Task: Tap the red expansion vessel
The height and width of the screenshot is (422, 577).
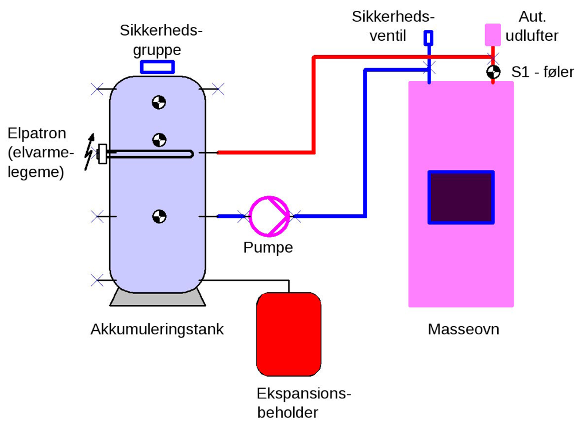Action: [288, 333]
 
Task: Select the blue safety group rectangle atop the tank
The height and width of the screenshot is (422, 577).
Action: [157, 67]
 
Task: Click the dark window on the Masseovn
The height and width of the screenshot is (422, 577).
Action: [461, 197]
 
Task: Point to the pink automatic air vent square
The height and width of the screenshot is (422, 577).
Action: [493, 34]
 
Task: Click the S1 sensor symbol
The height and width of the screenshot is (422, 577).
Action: [493, 72]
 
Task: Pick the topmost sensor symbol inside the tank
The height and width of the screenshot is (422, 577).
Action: [159, 103]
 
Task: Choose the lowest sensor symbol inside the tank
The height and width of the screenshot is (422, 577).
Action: [159, 216]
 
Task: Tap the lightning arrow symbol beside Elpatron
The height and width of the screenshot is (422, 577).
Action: [89, 152]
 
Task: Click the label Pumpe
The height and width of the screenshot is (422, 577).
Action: [268, 247]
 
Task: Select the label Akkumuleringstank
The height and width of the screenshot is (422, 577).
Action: [157, 330]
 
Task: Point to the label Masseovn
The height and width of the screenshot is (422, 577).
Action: [463, 330]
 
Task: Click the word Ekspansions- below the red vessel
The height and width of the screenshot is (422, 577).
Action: [303, 394]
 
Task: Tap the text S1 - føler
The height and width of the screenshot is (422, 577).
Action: [543, 72]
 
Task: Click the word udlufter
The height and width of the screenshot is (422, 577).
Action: [532, 36]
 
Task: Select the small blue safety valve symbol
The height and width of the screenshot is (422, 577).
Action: [428, 38]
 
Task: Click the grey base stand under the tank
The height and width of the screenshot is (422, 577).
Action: [157, 297]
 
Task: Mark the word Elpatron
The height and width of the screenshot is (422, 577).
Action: [37, 133]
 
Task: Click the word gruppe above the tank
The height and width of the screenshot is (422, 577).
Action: [157, 49]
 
